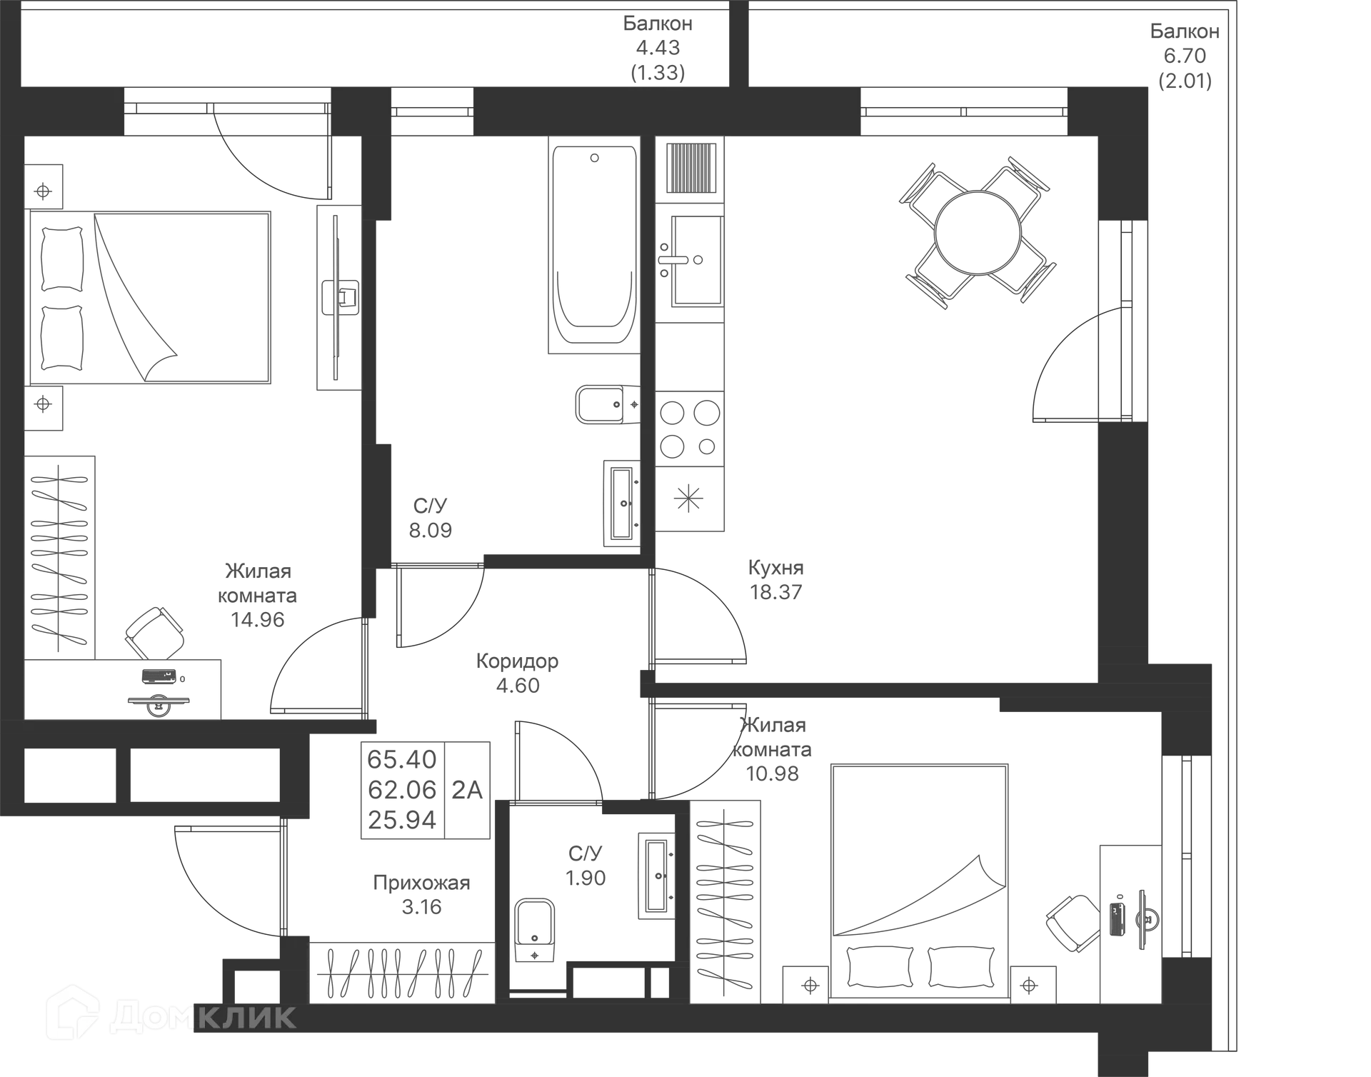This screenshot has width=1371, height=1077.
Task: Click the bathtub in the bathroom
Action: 591,246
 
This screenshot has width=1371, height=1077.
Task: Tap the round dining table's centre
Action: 978,233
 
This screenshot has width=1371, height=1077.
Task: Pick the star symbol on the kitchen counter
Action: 688,497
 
